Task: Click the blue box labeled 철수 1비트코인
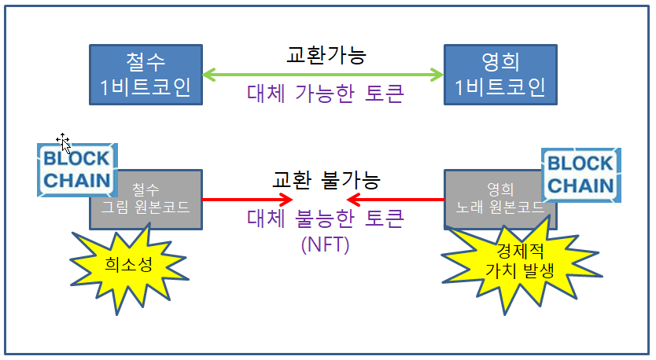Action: (146, 74)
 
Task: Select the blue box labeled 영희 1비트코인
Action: (501, 74)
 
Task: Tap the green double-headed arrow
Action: (323, 75)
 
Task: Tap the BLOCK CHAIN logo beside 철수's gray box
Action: (76, 168)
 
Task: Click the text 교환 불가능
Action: (326, 180)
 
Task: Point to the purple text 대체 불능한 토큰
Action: (325, 219)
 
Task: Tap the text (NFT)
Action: (325, 244)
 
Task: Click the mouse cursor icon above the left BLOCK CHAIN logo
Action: (64, 142)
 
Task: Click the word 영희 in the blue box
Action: (501, 61)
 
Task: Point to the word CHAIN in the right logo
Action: (580, 185)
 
